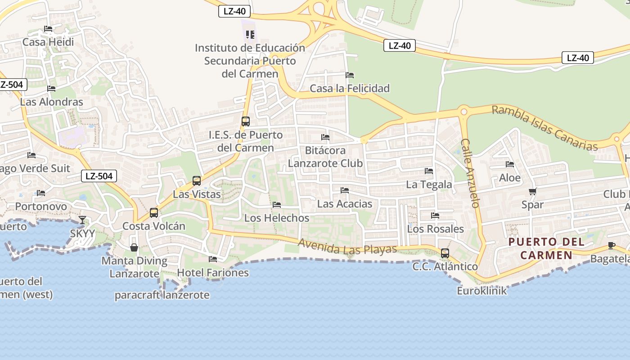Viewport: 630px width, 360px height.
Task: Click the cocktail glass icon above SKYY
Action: tap(82, 220)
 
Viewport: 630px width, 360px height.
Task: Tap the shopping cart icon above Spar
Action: tap(533, 192)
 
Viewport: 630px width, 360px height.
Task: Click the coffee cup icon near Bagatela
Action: tap(611, 245)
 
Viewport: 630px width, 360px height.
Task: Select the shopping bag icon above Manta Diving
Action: tap(134, 247)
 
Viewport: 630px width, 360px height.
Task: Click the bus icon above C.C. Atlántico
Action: tap(445, 253)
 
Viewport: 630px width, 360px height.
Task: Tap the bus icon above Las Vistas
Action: tap(197, 181)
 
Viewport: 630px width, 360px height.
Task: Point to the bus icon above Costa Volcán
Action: tap(154, 213)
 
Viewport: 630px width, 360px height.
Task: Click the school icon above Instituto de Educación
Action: tap(250, 34)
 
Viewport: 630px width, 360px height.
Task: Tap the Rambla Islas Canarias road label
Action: tap(544, 128)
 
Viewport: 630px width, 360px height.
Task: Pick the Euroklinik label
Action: tap(481, 291)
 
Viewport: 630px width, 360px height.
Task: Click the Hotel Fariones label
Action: tap(213, 273)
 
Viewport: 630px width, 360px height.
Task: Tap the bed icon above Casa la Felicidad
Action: tap(350, 75)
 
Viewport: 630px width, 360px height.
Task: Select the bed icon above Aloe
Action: tap(510, 165)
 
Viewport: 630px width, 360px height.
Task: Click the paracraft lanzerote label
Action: tap(162, 295)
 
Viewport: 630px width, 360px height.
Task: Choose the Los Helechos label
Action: tap(277, 218)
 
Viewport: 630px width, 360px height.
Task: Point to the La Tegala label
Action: tap(429, 184)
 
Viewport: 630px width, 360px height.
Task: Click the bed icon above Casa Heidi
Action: tap(48, 29)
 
